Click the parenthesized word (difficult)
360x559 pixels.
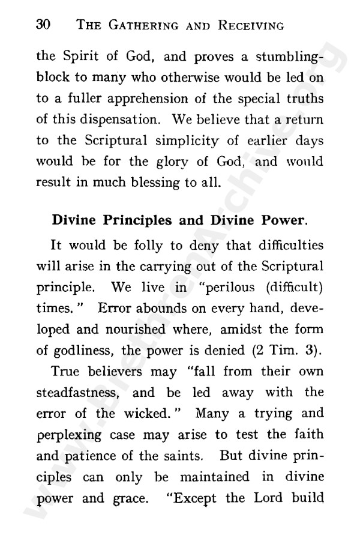(295, 286)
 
